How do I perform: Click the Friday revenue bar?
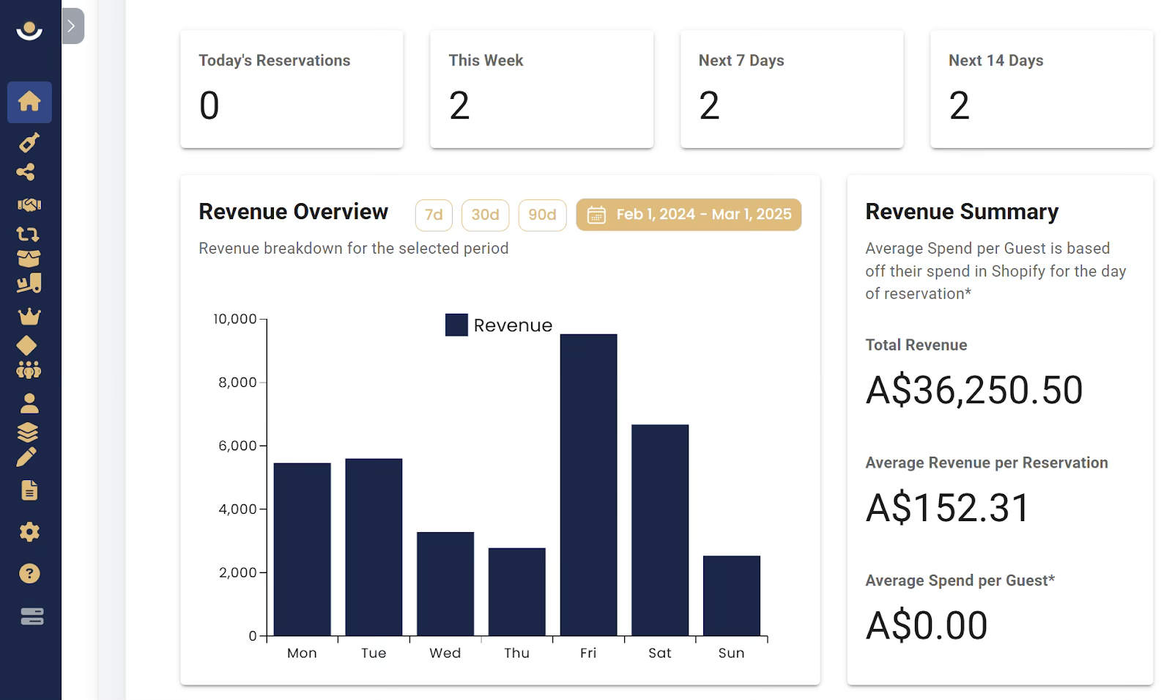[588, 485]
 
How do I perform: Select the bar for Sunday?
[732, 596]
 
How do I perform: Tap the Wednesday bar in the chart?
[445, 583]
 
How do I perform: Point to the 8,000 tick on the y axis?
[237, 382]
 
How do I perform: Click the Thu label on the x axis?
[516, 653]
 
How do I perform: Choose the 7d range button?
[434, 215]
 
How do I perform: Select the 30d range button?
[485, 215]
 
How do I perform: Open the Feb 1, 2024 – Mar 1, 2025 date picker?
[689, 215]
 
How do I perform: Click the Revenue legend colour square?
[456, 325]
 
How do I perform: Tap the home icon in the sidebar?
[29, 102]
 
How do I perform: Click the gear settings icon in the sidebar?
[29, 532]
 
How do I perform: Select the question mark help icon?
[29, 574]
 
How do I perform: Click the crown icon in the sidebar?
[29, 316]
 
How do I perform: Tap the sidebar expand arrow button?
[73, 26]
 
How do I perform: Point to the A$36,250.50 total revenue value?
[973, 390]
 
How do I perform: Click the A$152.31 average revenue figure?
[948, 508]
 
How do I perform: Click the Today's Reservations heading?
[274, 61]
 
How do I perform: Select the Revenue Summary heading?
[962, 212]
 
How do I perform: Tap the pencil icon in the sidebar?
[26, 457]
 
